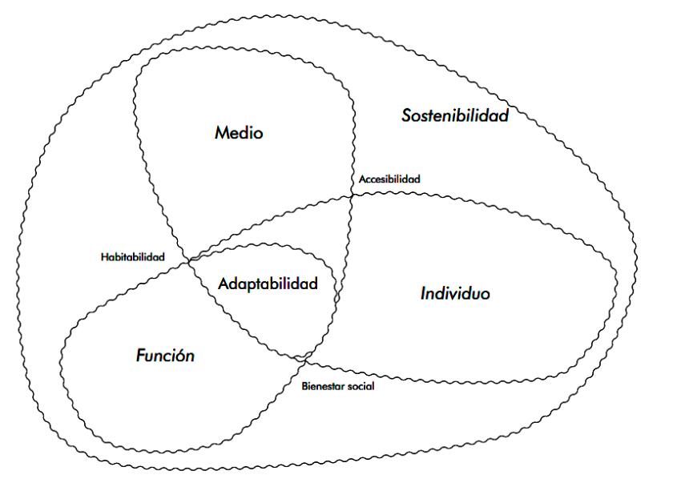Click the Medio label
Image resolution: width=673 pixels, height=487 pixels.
coord(238,133)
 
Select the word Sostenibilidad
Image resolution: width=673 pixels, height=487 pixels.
coord(454,116)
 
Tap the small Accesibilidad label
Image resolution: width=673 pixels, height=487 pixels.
coord(389,179)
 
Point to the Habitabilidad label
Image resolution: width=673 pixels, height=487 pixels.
coord(133,257)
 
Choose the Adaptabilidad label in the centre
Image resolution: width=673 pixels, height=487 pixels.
coord(268,284)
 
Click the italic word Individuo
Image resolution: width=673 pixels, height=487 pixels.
coord(455,294)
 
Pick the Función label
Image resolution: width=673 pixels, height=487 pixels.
coord(165,356)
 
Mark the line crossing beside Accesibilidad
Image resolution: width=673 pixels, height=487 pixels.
coord(351,193)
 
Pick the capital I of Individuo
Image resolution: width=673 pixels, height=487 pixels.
coord(423,294)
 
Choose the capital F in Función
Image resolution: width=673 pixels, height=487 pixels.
coord(140,356)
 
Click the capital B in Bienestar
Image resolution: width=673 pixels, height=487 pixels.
coord(304,386)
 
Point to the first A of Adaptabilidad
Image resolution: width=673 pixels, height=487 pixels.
coord(224,284)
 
